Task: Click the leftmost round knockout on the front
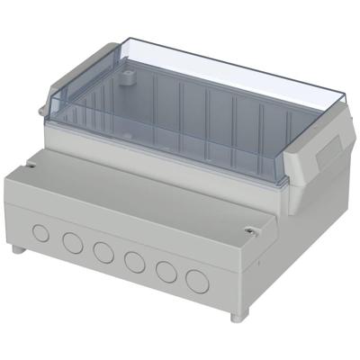point(41,232)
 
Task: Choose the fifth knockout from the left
point(166,271)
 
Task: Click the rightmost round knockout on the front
point(196,281)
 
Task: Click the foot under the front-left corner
point(18,248)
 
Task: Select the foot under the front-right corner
point(236,315)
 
